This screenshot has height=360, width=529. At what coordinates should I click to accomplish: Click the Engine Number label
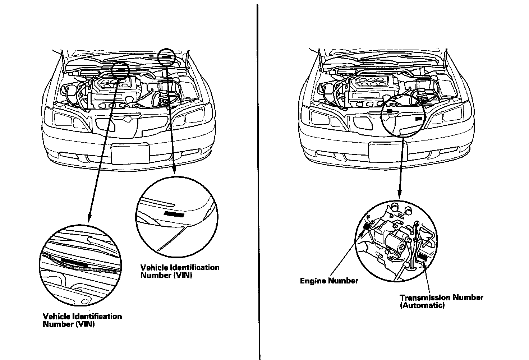point(329,281)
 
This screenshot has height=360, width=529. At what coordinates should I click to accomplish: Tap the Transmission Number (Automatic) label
point(441,301)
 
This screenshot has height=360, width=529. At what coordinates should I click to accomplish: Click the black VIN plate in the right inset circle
point(174,214)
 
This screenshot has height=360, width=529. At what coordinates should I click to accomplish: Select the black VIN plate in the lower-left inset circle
point(74,261)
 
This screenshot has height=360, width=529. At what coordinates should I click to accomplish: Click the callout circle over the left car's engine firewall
point(120,70)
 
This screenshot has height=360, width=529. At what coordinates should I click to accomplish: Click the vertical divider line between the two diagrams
point(258,180)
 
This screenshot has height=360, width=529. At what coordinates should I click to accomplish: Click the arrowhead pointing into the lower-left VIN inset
point(88,218)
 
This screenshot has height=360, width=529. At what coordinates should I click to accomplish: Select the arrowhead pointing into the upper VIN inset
point(174,171)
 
